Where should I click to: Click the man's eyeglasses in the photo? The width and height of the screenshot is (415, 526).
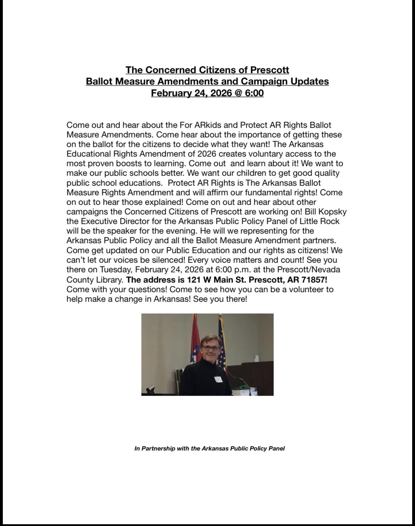point(210,349)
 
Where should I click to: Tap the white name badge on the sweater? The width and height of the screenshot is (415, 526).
point(218,379)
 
